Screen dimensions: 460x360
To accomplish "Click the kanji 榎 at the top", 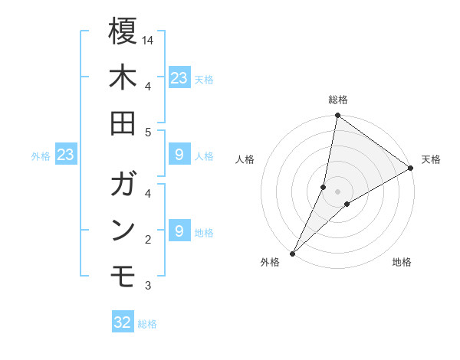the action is coord(123,32).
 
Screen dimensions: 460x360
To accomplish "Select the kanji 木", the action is coord(123,78).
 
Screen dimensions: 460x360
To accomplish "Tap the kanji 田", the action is coord(123,124).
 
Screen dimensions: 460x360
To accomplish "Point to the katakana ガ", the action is coord(123,185).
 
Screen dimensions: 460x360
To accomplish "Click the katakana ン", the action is coord(123,230).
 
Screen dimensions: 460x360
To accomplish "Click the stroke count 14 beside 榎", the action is coord(149,39).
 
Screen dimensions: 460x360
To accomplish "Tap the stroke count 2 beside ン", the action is coord(149,241).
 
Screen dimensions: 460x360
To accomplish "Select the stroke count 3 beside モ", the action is coord(149,286).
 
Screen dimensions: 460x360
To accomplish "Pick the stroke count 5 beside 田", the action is coord(149,132).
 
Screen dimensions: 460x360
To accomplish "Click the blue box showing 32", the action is coord(123,322).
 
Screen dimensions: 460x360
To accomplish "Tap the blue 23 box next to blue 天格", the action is coord(179,77).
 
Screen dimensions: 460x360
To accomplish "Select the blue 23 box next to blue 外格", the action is coord(65,155).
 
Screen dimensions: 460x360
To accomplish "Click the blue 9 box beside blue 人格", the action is coord(179,155).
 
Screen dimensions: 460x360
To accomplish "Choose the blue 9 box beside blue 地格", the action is coord(179,231).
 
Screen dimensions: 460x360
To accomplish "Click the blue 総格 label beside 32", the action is coord(147,324).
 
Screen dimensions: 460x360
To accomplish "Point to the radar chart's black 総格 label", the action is coord(337,100).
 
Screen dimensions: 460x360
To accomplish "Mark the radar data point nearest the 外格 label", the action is coord(292,253).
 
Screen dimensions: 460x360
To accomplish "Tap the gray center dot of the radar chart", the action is coord(337,191).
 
